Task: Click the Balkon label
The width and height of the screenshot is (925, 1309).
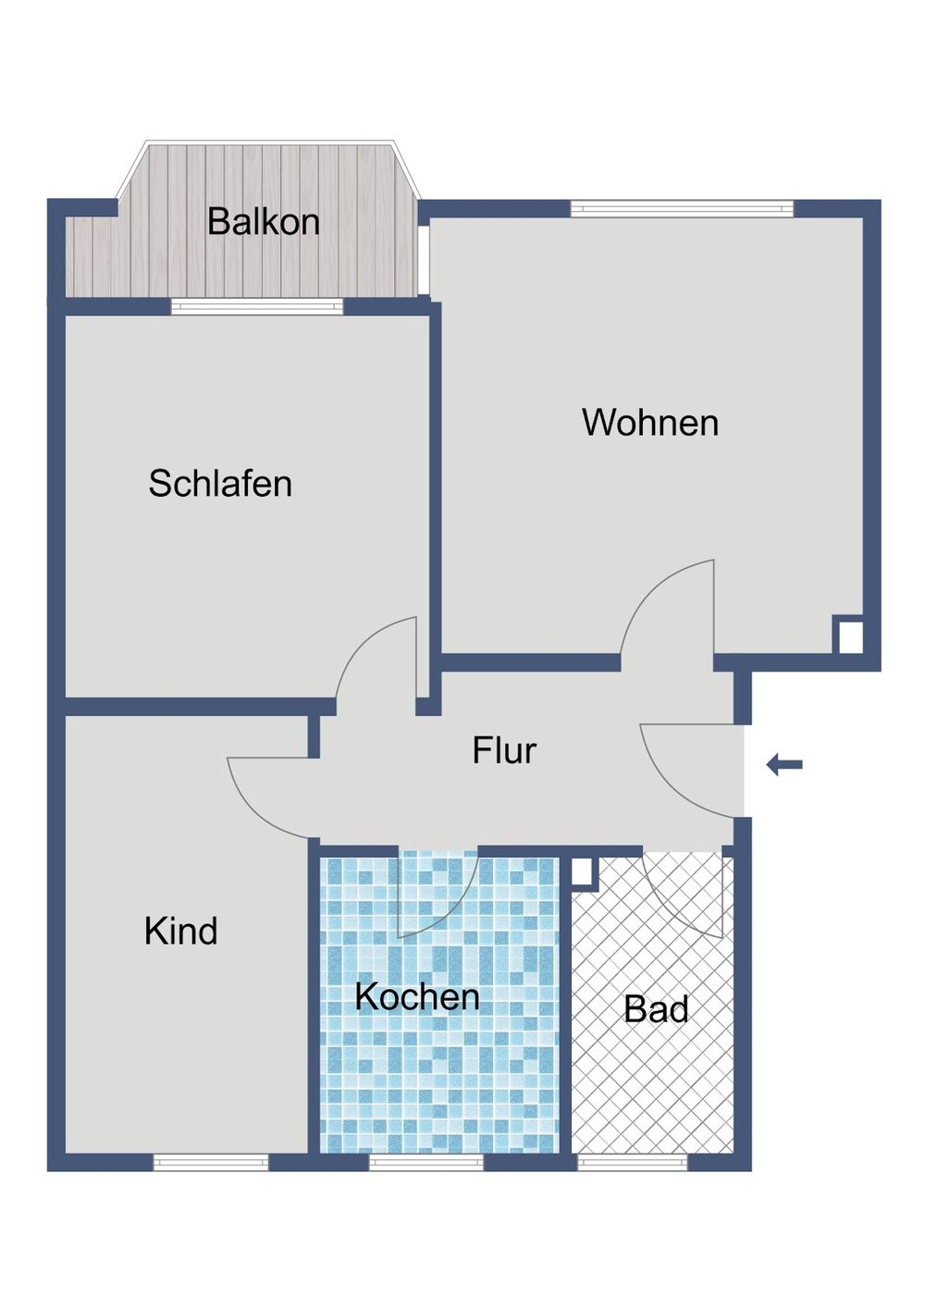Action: click(263, 222)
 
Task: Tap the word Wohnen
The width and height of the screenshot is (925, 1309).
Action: click(650, 423)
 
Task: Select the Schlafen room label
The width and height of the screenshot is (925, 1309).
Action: click(220, 484)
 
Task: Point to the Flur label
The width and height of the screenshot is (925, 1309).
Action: click(504, 750)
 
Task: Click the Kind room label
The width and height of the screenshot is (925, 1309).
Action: click(181, 931)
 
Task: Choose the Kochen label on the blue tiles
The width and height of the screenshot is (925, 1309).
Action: click(417, 996)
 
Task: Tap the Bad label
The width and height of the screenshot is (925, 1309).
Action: click(656, 1009)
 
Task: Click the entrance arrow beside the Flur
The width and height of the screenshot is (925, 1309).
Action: click(784, 765)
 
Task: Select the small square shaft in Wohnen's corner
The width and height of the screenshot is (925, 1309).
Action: click(850, 637)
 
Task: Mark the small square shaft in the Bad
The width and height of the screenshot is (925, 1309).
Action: click(581, 872)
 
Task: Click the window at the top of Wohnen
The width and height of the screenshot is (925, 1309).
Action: click(682, 209)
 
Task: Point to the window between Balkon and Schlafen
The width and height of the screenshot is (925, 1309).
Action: click(257, 307)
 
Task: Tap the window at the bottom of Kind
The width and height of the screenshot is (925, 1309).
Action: click(211, 1162)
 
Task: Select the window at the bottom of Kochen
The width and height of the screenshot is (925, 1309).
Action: click(426, 1162)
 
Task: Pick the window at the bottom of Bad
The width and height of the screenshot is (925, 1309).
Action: click(633, 1162)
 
